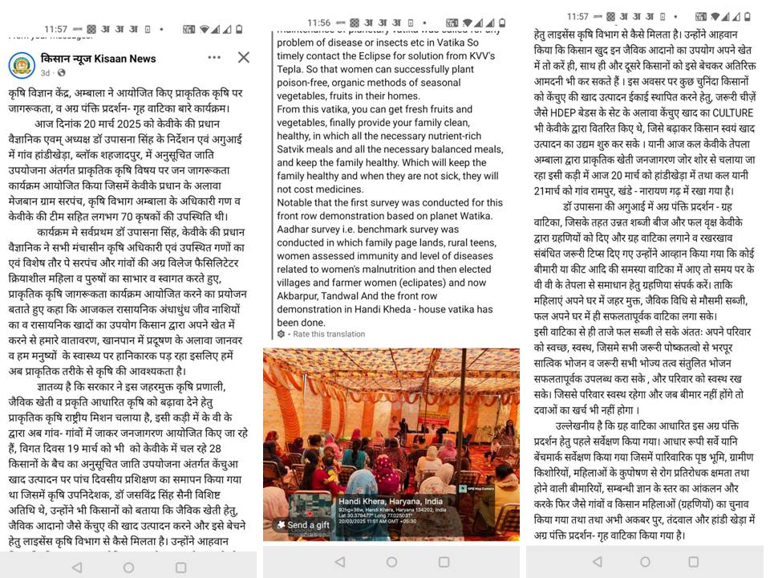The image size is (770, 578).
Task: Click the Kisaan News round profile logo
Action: (x=22, y=64)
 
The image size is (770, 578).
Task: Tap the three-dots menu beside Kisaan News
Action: (x=214, y=58)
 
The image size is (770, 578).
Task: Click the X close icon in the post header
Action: (x=243, y=58)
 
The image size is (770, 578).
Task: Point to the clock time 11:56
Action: (x=318, y=22)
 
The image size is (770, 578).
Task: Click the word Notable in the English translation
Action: (x=295, y=202)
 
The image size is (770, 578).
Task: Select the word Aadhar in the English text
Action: (x=294, y=230)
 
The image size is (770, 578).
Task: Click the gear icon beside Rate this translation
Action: (x=281, y=334)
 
